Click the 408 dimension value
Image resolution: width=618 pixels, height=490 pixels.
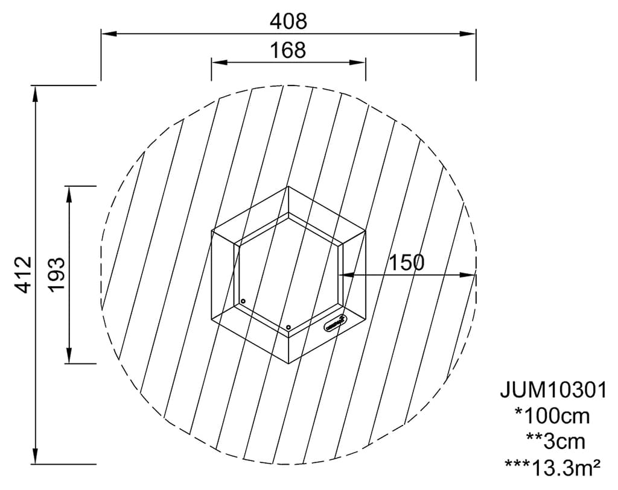pos(288,22)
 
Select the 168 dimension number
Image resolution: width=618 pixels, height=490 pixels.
pos(288,51)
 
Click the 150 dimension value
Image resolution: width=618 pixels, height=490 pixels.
pos(407,263)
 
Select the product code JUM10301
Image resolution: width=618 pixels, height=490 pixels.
pos(553,391)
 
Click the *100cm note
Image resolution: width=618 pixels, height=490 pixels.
pos(553,416)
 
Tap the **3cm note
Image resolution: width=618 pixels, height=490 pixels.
pos(555,442)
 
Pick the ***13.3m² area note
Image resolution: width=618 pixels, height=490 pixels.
pos(553,466)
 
